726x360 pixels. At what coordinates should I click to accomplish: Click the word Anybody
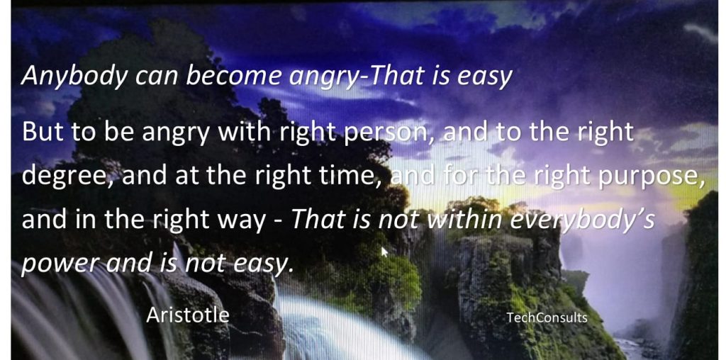click(x=74, y=77)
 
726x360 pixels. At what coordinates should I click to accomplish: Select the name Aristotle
click(x=187, y=315)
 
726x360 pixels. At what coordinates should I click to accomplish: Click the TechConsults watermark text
click(x=547, y=317)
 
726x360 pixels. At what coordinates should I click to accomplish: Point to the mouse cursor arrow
click(x=384, y=252)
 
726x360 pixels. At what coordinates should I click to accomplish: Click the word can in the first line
click(x=156, y=77)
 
